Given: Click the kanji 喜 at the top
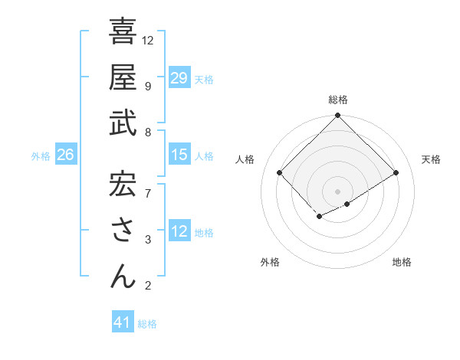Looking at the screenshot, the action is click(123, 33).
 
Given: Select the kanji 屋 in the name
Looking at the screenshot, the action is click(123, 77).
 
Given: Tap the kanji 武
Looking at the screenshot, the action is click(123, 123).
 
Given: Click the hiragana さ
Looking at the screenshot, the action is click(123, 230).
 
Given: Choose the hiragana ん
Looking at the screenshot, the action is click(123, 275).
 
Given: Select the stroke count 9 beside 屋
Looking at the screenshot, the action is click(147, 86).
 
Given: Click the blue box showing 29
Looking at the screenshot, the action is click(179, 78).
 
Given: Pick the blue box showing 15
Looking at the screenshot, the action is click(179, 155).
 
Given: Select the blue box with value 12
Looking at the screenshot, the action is click(179, 231).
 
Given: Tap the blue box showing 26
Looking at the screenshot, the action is click(65, 155).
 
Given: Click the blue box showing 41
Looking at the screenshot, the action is click(123, 322).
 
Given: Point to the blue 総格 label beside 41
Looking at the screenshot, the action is click(147, 324).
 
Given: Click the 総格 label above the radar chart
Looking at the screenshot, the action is click(337, 100).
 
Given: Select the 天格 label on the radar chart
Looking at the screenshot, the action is click(432, 159).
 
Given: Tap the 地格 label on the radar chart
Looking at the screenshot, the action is click(402, 262).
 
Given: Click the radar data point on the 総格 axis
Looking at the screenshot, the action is click(337, 116).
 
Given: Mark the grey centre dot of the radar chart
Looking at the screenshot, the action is click(337, 191).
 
